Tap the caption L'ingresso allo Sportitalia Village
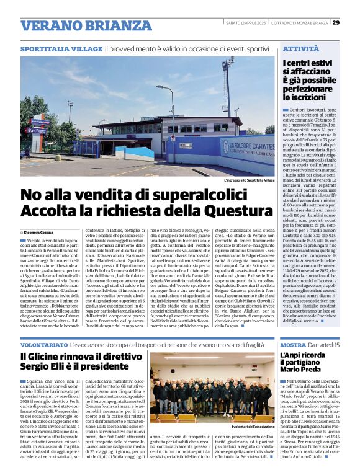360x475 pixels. tap(250, 180)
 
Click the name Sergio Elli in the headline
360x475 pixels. tap(47, 367)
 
